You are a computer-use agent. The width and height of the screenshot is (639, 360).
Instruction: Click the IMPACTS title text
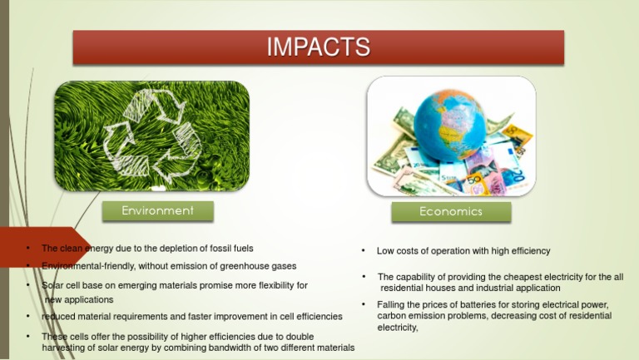click(x=319, y=47)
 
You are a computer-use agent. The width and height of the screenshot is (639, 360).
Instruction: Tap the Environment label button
click(x=157, y=211)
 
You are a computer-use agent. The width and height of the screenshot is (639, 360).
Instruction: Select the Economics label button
click(x=450, y=212)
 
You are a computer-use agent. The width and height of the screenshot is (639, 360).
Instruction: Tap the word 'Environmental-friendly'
click(x=84, y=266)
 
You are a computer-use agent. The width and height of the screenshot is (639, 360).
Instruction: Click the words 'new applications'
click(x=79, y=299)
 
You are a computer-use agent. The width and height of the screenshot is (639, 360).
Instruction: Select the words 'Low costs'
click(x=398, y=251)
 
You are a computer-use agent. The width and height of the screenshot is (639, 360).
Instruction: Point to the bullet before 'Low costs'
click(x=364, y=251)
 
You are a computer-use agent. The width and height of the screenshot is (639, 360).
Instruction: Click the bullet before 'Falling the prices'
click(x=364, y=305)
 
